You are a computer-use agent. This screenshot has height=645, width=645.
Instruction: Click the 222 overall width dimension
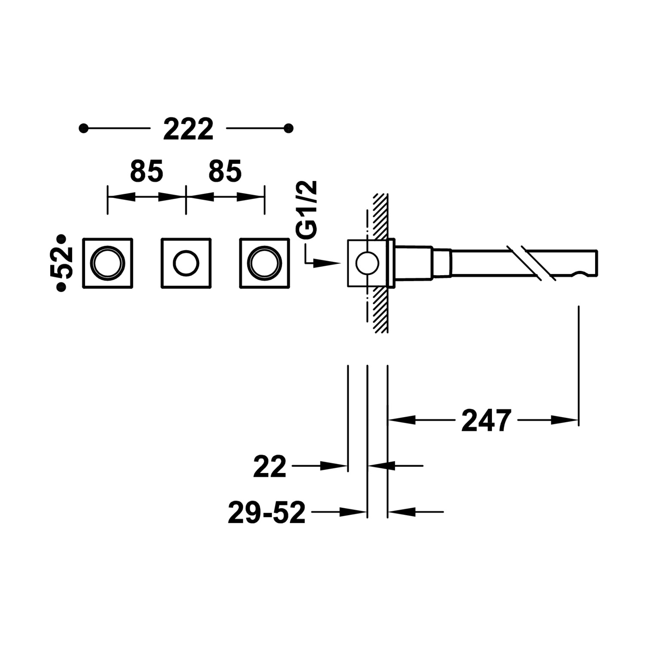188,129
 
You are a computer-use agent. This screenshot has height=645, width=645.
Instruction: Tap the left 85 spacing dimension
147,171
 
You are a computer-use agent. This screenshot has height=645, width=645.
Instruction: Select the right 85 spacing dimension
225,171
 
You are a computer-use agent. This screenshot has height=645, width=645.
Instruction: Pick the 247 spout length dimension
486,420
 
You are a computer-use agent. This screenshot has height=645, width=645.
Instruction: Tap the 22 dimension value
270,467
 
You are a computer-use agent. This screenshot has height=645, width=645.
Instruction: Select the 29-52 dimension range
267,513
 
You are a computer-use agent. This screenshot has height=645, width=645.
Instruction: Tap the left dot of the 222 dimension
84,128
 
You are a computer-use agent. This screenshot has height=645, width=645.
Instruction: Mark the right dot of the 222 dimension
289,128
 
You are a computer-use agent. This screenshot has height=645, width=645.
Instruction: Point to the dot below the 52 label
61,288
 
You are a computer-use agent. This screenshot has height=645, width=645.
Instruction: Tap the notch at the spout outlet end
580,272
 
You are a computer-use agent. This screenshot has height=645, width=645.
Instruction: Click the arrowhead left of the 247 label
402,420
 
